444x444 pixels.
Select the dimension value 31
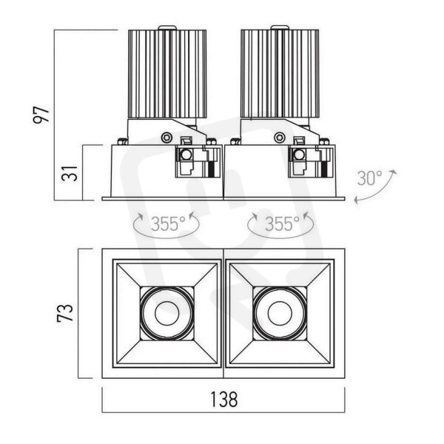tap(69, 172)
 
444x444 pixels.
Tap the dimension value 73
tap(65, 312)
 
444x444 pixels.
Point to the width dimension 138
tap(223, 399)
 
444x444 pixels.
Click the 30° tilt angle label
tap(369, 178)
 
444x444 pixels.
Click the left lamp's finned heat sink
tap(167, 73)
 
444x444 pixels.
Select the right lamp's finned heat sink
tap(280, 73)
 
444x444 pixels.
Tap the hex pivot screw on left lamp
tap(166, 138)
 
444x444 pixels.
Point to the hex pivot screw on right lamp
tap(280, 138)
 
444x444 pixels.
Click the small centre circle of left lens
tap(166, 313)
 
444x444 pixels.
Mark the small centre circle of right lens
tap(280, 313)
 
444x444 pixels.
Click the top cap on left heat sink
tap(167, 27)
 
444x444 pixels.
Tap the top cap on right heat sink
tap(280, 27)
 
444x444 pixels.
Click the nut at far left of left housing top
tap(122, 141)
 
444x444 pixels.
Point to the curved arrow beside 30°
tap(375, 187)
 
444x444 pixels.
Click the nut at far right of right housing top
tap(325, 141)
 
